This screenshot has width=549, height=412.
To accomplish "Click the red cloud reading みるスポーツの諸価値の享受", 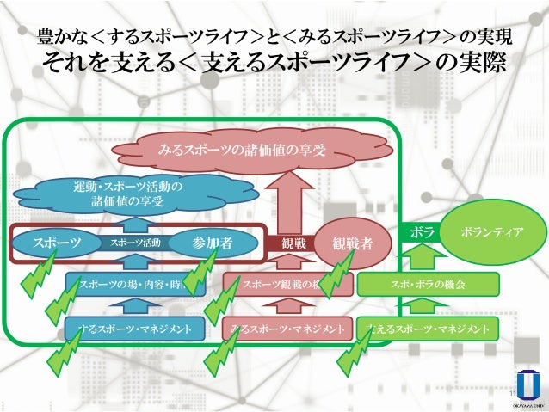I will [x=242, y=151].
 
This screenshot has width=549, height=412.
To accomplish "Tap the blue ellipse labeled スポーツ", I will [x=57, y=243].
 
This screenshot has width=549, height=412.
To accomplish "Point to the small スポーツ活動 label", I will [x=135, y=243].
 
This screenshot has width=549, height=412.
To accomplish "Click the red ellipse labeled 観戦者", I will [x=352, y=243].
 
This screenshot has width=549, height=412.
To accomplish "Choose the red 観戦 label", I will [x=293, y=243].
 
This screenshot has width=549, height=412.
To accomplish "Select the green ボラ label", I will [x=422, y=232].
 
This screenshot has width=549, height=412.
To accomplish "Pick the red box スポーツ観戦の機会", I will [x=285, y=282].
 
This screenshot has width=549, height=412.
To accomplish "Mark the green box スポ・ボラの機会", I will [x=428, y=282].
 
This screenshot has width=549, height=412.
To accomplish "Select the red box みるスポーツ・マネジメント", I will [x=288, y=329].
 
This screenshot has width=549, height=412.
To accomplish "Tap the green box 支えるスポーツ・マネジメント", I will [x=428, y=329].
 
